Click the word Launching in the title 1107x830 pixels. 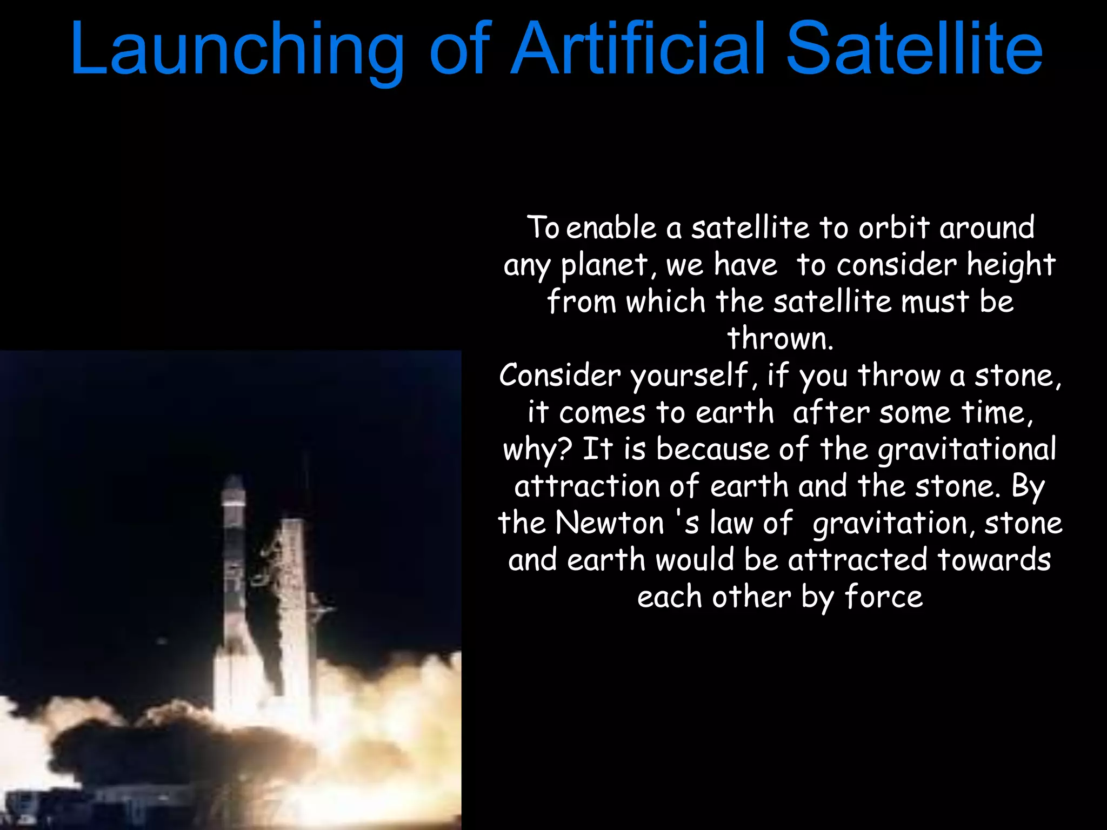tap(237, 50)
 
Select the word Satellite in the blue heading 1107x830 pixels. tap(913, 50)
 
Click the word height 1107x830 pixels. tap(1011, 265)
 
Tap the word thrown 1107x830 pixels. tap(779, 339)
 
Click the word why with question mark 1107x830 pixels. tap(537, 450)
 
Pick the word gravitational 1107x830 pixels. tap(966, 450)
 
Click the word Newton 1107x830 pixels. tap(610, 523)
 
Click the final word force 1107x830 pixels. tap(883, 597)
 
